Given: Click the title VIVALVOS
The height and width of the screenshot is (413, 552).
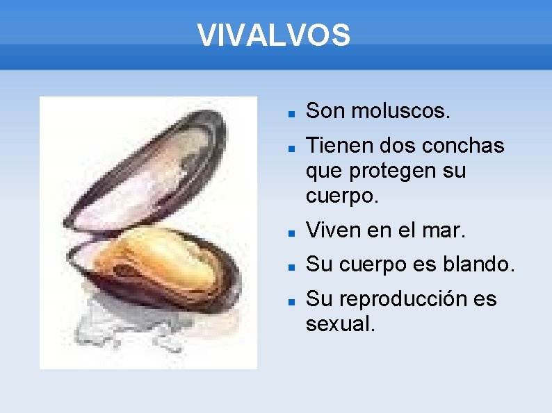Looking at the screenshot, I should [x=274, y=35].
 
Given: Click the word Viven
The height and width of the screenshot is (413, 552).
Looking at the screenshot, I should [x=331, y=230].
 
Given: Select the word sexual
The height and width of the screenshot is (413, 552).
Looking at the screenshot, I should [x=340, y=323].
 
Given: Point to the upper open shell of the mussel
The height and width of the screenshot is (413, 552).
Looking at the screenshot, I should [x=160, y=167].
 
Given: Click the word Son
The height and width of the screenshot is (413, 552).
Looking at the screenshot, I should [x=325, y=110].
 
